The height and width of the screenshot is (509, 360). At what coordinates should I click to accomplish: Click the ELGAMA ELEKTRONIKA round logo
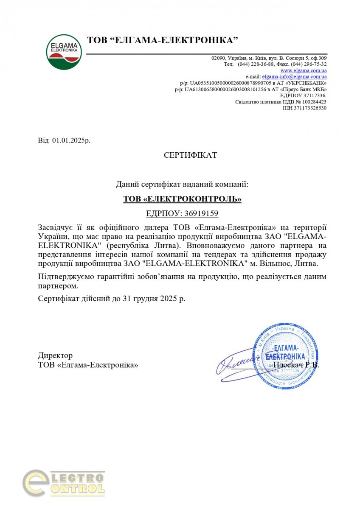64,52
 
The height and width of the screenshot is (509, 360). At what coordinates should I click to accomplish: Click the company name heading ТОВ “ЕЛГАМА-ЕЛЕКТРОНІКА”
162,41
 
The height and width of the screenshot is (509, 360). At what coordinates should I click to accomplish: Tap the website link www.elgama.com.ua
303,70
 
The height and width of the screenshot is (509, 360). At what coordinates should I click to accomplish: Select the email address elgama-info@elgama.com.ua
294,77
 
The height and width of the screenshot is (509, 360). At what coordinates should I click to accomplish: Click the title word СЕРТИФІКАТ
190,155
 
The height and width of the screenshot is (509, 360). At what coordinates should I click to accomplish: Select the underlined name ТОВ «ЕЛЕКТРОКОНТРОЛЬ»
182,199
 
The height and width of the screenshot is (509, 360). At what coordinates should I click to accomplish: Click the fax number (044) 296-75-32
309,64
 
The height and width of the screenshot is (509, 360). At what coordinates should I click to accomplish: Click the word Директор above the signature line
55,355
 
